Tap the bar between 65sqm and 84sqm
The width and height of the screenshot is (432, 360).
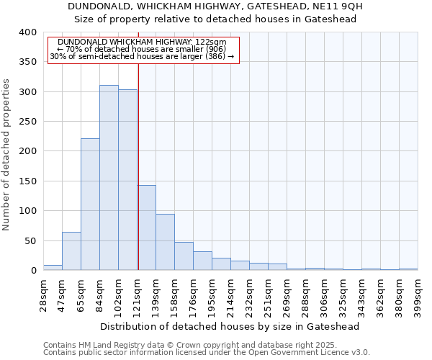(90, 204)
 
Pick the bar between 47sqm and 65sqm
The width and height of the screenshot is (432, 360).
(71, 251)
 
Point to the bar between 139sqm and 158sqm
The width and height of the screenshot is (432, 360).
(165, 242)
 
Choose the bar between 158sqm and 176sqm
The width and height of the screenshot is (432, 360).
(184, 256)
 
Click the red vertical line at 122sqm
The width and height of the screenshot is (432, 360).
(138, 166)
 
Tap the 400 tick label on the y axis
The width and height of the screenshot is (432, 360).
(28, 32)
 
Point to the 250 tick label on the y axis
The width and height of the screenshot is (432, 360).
(28, 122)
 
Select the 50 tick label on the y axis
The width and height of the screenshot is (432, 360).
(31, 240)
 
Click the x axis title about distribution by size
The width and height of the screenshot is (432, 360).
(230, 326)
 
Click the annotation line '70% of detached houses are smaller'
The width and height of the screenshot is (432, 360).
(143, 49)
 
